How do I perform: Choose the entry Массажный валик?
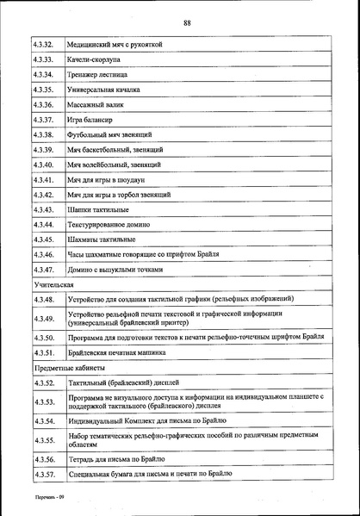96,104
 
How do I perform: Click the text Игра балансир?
90,120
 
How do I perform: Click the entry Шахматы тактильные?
102,239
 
